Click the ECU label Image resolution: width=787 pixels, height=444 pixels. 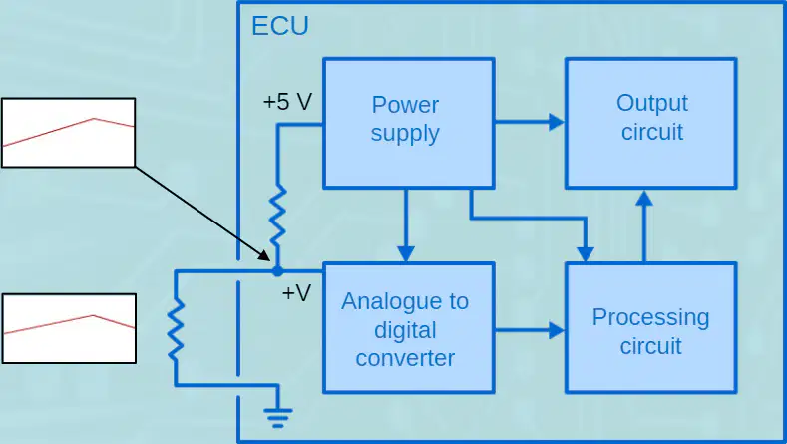point(280,26)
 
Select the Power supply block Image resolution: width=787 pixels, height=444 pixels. point(409,123)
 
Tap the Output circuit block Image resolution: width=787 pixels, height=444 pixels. point(651,123)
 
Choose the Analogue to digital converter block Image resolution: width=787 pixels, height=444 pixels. point(409,327)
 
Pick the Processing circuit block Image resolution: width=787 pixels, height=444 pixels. point(651,327)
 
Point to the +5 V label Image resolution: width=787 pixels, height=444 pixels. point(287,102)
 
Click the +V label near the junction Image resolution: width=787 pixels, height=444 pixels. point(296,292)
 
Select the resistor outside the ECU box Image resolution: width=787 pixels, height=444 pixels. point(176,329)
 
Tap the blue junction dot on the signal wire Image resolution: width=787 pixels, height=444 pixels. point(277,271)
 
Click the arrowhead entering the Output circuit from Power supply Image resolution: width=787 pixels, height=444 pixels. point(557,122)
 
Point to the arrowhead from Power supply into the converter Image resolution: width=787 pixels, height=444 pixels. point(406,253)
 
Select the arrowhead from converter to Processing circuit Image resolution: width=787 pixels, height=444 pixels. point(557,330)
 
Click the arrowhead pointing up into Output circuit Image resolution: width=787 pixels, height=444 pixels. point(644,198)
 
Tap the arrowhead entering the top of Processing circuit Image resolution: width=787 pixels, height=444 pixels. point(586,253)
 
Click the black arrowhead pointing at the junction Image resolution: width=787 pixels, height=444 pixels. point(264,255)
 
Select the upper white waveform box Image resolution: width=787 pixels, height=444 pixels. point(68,133)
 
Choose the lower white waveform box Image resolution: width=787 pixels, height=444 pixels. point(69,328)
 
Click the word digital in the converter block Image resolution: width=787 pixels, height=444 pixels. point(405,330)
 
